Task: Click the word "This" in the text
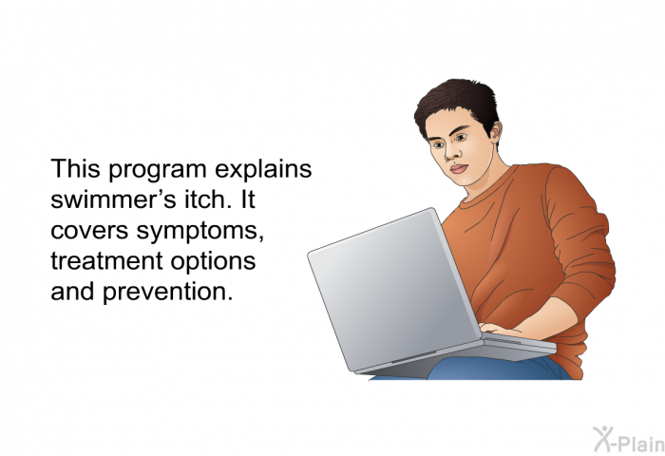(x=75, y=168)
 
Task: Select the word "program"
(x=158, y=170)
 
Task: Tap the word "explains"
(x=263, y=170)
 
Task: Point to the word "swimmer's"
(x=113, y=199)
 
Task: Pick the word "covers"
(x=89, y=232)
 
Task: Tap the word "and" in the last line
(x=72, y=292)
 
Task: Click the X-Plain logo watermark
(x=629, y=440)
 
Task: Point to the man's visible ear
(x=495, y=131)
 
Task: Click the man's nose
(x=451, y=154)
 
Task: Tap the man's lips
(x=458, y=168)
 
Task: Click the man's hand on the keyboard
(x=501, y=330)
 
